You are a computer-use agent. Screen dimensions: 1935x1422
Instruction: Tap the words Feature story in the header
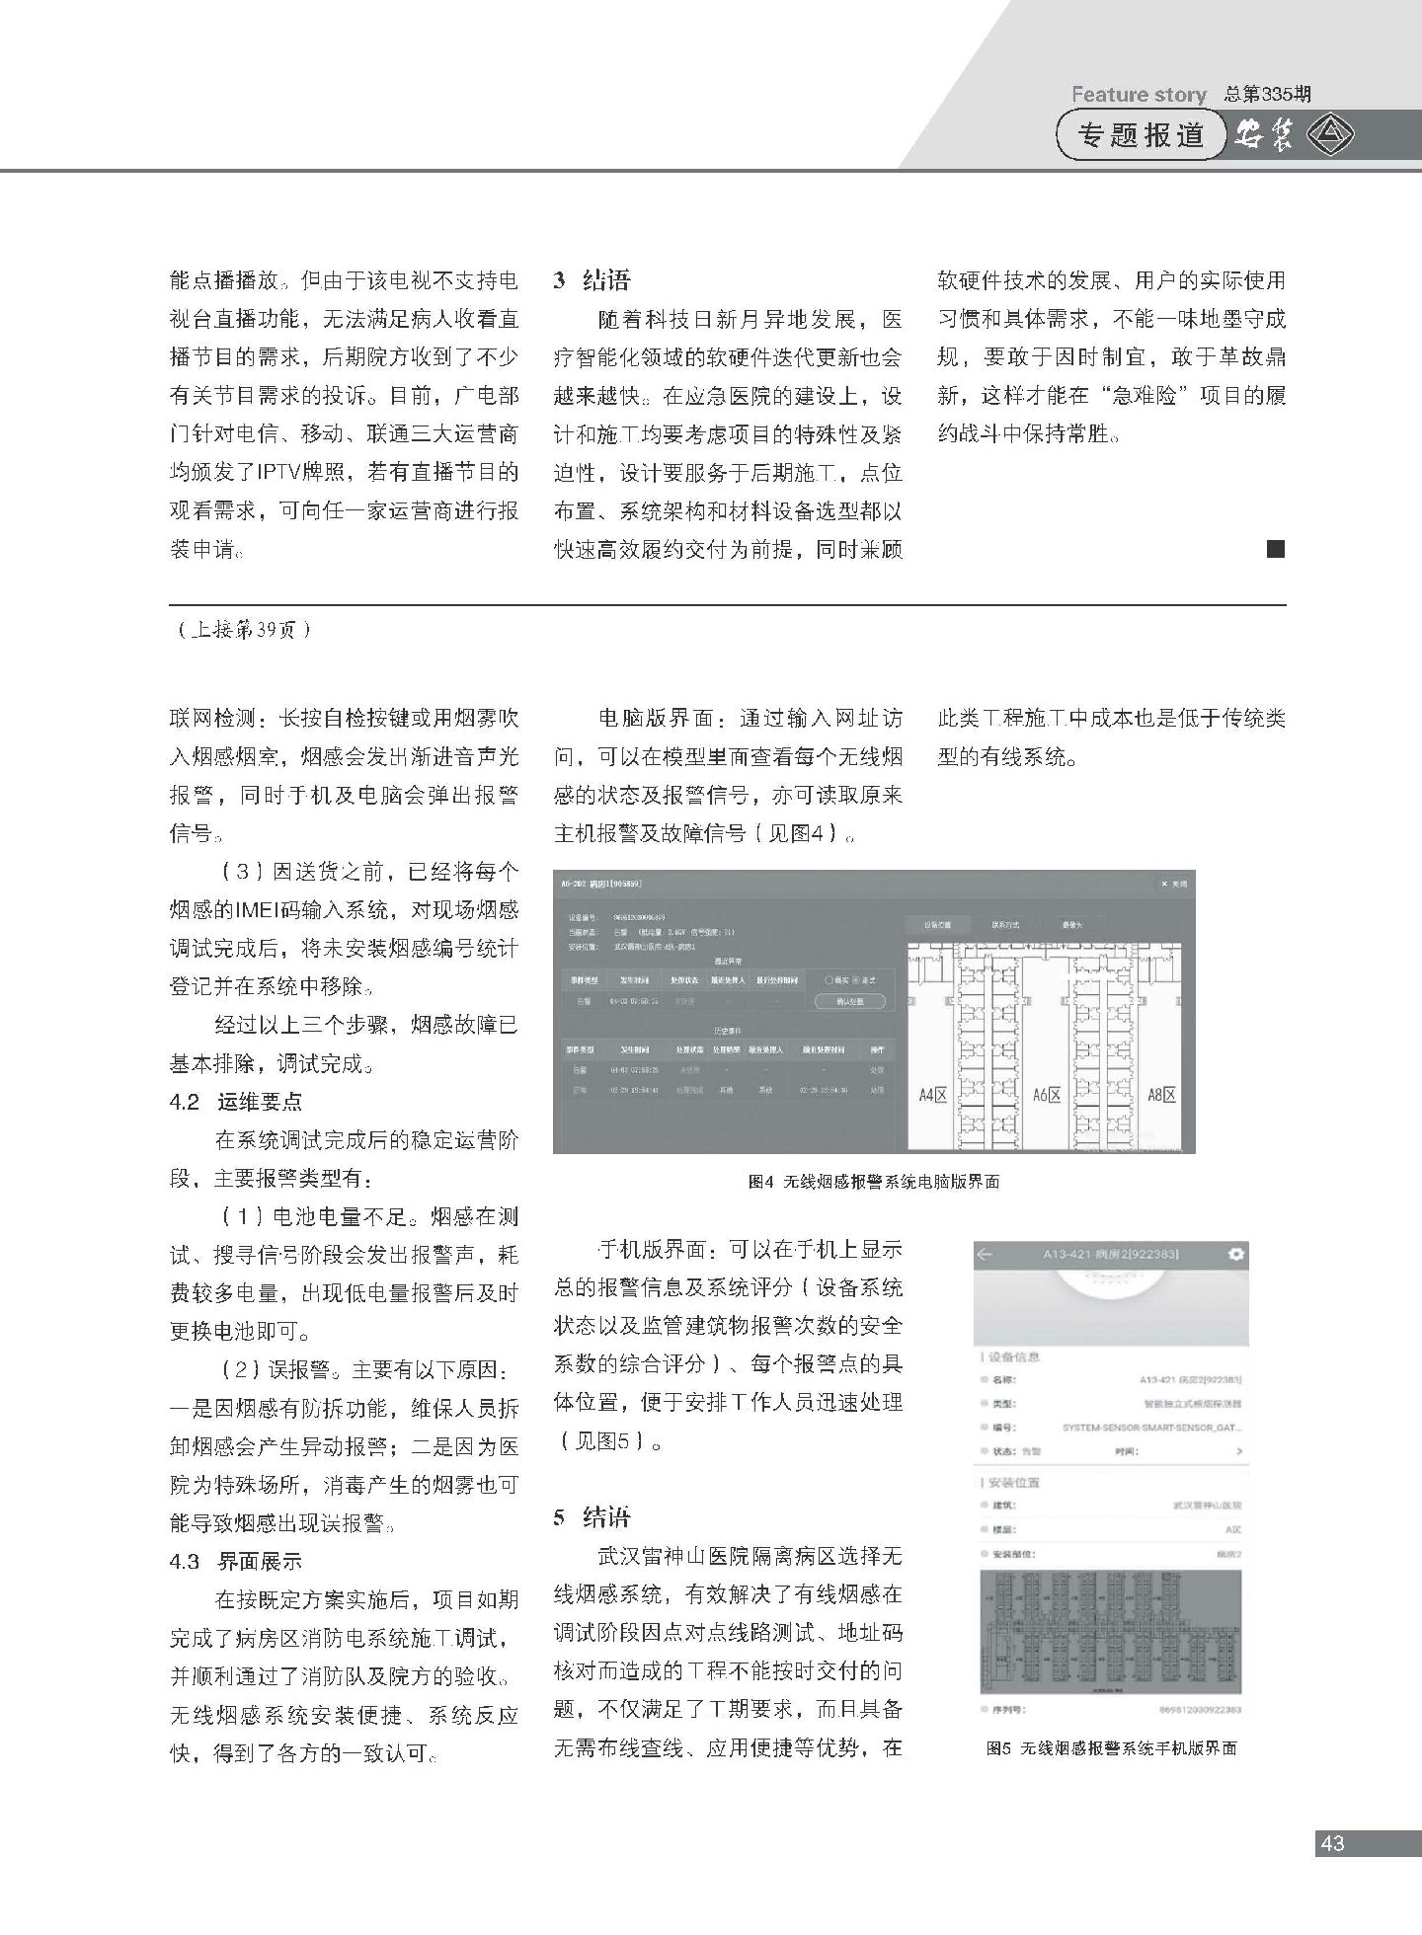click(1138, 95)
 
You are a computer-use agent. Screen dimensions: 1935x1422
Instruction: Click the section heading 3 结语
click(592, 280)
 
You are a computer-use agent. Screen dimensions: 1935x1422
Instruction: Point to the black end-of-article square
click(1275, 549)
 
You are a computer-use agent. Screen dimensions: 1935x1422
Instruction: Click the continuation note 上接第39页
click(242, 630)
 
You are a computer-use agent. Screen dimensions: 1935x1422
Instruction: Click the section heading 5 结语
click(592, 1517)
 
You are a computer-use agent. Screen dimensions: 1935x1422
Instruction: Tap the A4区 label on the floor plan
click(933, 1094)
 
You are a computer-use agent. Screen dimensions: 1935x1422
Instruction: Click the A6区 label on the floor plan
click(1047, 1094)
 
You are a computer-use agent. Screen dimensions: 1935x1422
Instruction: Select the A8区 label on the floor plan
click(1161, 1094)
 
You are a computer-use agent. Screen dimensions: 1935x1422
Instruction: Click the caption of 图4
click(874, 1181)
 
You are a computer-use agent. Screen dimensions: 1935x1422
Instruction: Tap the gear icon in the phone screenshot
click(1234, 1254)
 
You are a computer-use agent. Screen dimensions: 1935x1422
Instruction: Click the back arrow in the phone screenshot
click(985, 1254)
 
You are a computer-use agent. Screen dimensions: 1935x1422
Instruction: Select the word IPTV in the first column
click(286, 472)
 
